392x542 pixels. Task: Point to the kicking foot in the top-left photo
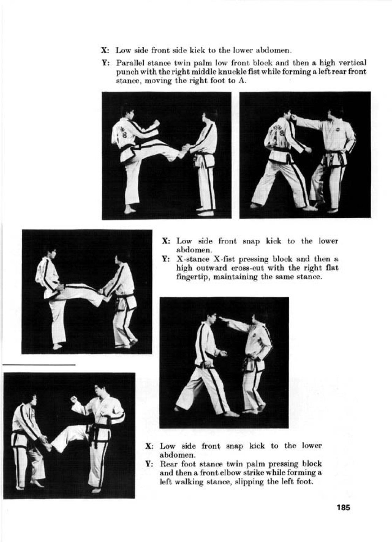tap(181, 154)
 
